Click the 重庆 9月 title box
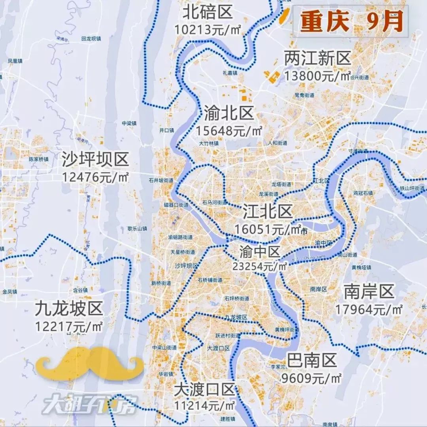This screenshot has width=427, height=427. [351, 21]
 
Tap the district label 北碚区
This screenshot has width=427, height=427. [207, 13]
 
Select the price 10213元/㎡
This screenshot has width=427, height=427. [208, 29]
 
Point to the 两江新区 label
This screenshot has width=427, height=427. [317, 59]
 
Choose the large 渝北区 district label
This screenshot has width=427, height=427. [229, 114]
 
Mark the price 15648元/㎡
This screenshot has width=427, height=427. [229, 130]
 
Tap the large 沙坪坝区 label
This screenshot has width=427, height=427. [95, 160]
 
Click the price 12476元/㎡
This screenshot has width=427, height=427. [95, 176]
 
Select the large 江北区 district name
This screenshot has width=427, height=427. [268, 212]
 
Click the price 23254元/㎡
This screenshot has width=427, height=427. [260, 266]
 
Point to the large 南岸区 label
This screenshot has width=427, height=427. [369, 292]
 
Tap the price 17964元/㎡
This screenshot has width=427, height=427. [369, 309]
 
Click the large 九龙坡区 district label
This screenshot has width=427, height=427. [69, 309]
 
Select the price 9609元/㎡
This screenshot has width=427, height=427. [311, 378]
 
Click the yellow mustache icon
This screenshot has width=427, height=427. [89, 363]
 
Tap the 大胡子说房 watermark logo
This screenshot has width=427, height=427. [89, 404]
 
